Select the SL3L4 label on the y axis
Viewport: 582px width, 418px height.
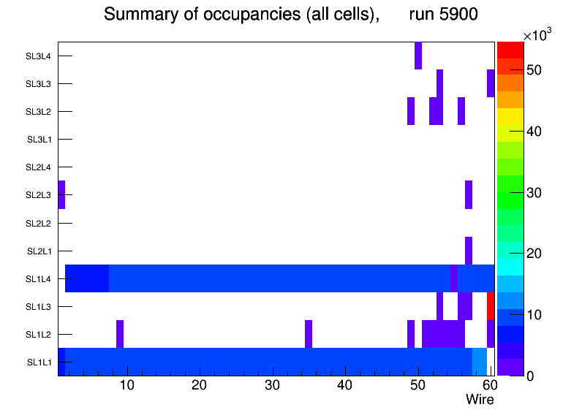coord(38,56)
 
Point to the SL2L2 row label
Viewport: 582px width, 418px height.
coord(38,223)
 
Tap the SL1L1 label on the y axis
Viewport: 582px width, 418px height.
coord(39,362)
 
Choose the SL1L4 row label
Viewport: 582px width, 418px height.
coord(38,279)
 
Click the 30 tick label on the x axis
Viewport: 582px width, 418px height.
coord(272,385)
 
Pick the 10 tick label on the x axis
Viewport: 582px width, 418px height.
coord(127,385)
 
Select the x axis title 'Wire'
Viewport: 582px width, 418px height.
coord(480,400)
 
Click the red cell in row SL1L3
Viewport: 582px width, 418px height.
coord(491,306)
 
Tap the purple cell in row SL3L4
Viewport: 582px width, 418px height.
coord(418,56)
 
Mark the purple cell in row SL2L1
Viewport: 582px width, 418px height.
coord(469,251)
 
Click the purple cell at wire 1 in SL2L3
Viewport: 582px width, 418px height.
coord(61,194)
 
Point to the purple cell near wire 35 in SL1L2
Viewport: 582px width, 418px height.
coord(309,334)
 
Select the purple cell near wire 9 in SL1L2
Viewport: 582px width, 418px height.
coord(120,334)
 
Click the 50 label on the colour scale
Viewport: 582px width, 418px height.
coord(534,70)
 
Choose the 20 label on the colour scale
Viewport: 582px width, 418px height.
coord(534,254)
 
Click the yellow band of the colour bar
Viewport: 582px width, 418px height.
coord(510,119)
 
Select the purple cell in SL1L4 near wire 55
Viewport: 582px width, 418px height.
coord(454,278)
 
